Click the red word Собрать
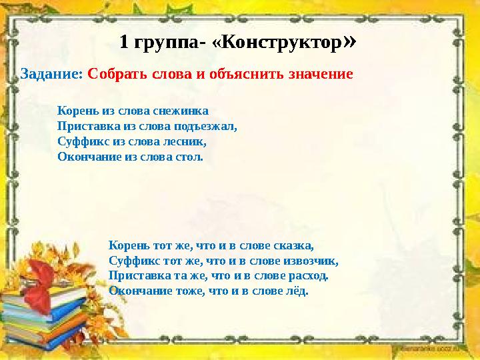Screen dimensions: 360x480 115,73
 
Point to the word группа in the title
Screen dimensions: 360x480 166,45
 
